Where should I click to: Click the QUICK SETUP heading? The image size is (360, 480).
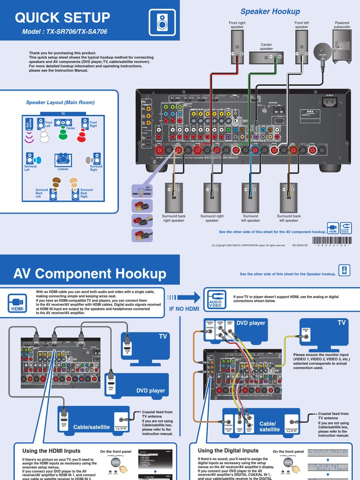coord(62,18)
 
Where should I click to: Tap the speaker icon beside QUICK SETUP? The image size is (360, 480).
coord(161,21)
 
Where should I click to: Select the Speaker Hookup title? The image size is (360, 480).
coord(270,11)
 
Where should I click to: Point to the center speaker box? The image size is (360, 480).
coord(266,57)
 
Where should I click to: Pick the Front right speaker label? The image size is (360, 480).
coord(237,25)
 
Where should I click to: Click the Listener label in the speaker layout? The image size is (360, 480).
coord(63,169)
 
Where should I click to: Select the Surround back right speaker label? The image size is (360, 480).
coord(174,218)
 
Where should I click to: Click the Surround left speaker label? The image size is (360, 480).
coord(250,218)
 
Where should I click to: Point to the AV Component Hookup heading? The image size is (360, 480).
coord(90,273)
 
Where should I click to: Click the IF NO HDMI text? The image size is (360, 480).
coord(184,308)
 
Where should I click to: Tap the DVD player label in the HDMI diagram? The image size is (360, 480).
coord(150,390)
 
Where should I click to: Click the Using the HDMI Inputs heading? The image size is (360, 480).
coord(52,450)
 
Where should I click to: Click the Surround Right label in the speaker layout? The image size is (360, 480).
coord(96,168)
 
